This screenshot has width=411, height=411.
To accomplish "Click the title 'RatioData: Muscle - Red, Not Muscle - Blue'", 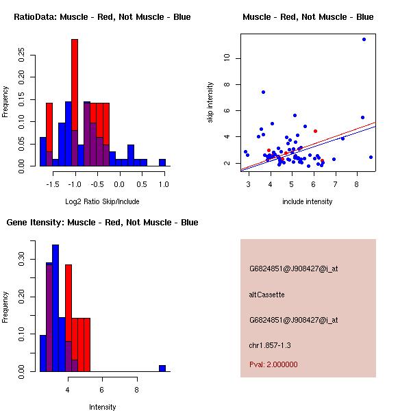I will click(103, 16).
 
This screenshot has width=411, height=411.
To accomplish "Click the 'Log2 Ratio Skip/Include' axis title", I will click(103, 201).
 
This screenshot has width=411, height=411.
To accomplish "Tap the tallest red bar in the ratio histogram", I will click(75, 103).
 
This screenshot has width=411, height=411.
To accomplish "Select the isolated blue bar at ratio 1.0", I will click(162, 162).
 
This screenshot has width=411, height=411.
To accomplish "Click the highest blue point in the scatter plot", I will click(364, 39).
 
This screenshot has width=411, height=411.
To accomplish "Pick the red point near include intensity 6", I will click(315, 131).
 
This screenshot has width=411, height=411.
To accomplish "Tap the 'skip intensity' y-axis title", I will click(210, 103).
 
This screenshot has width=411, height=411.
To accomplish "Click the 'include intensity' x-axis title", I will click(308, 201).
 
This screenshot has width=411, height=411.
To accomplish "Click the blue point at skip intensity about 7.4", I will click(263, 92).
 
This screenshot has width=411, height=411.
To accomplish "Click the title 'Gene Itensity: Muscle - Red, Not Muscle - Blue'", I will click(103, 223).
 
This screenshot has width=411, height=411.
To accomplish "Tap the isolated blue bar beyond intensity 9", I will click(162, 368).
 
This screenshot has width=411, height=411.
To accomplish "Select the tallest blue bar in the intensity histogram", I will click(55, 308).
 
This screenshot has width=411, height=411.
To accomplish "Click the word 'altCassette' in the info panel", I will click(266, 295).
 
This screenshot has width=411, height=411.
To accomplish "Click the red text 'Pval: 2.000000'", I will click(273, 364).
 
